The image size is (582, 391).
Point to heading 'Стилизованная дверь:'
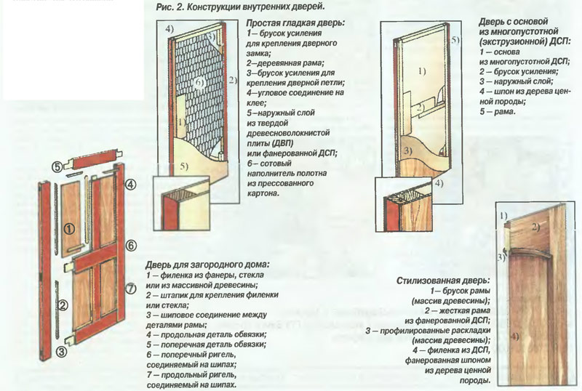coord(442,281)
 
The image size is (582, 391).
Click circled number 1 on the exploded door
coord(68,227)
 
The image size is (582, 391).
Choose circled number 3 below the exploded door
coord(62,352)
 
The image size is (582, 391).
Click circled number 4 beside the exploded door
coord(130,185)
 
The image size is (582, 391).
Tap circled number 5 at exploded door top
coord(56,166)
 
